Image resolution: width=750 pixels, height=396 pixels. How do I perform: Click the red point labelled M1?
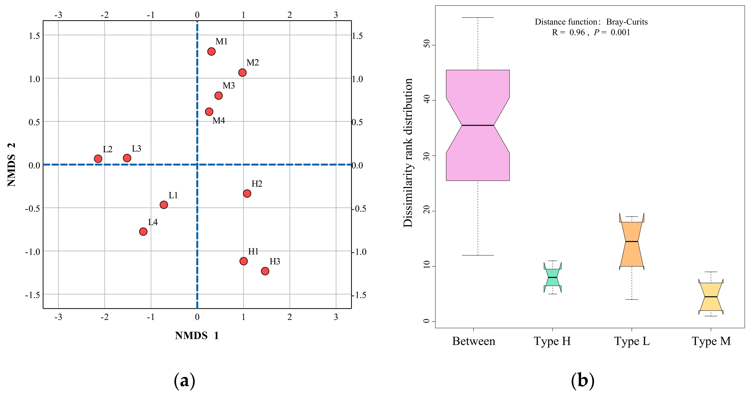pos(211,52)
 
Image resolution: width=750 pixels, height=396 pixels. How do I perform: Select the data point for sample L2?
pos(98,159)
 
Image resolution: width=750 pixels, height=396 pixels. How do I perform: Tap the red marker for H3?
pos(265,271)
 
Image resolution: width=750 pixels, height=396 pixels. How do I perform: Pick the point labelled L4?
pos(143,232)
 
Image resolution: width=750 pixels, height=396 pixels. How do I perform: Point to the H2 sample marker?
pos(247,193)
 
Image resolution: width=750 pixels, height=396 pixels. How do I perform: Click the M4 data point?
pos(209,112)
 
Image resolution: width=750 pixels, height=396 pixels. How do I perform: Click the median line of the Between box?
pos(478,125)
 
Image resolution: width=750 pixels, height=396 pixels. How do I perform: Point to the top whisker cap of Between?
pos(478,18)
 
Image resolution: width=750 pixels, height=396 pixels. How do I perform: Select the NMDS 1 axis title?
pos(197,336)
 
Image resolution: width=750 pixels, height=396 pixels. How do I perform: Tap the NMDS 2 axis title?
pos(12,165)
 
